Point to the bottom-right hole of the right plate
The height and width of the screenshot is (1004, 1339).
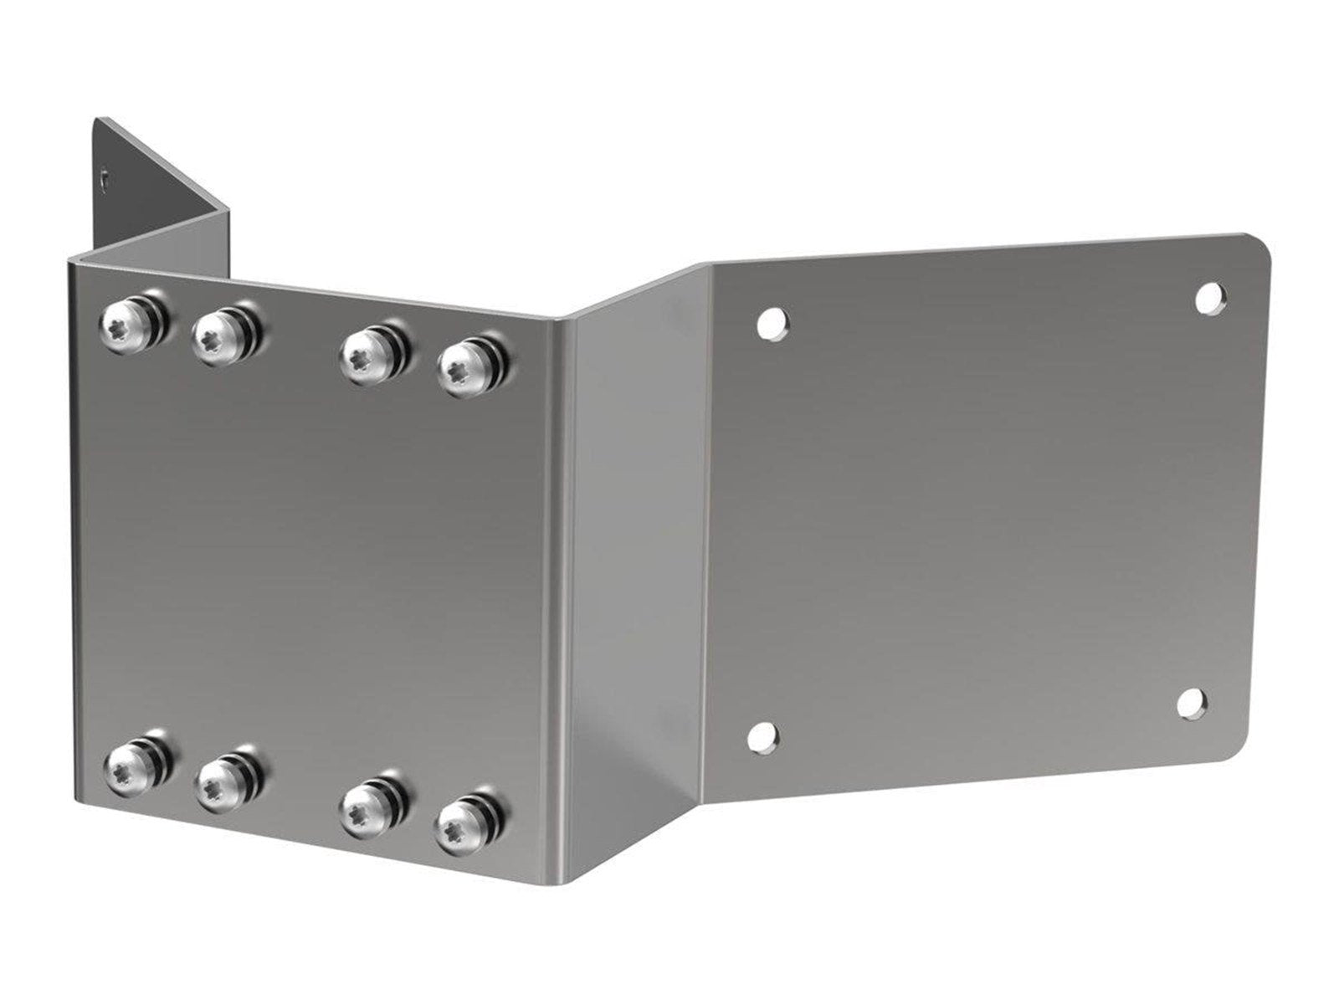pos(1192,703)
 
